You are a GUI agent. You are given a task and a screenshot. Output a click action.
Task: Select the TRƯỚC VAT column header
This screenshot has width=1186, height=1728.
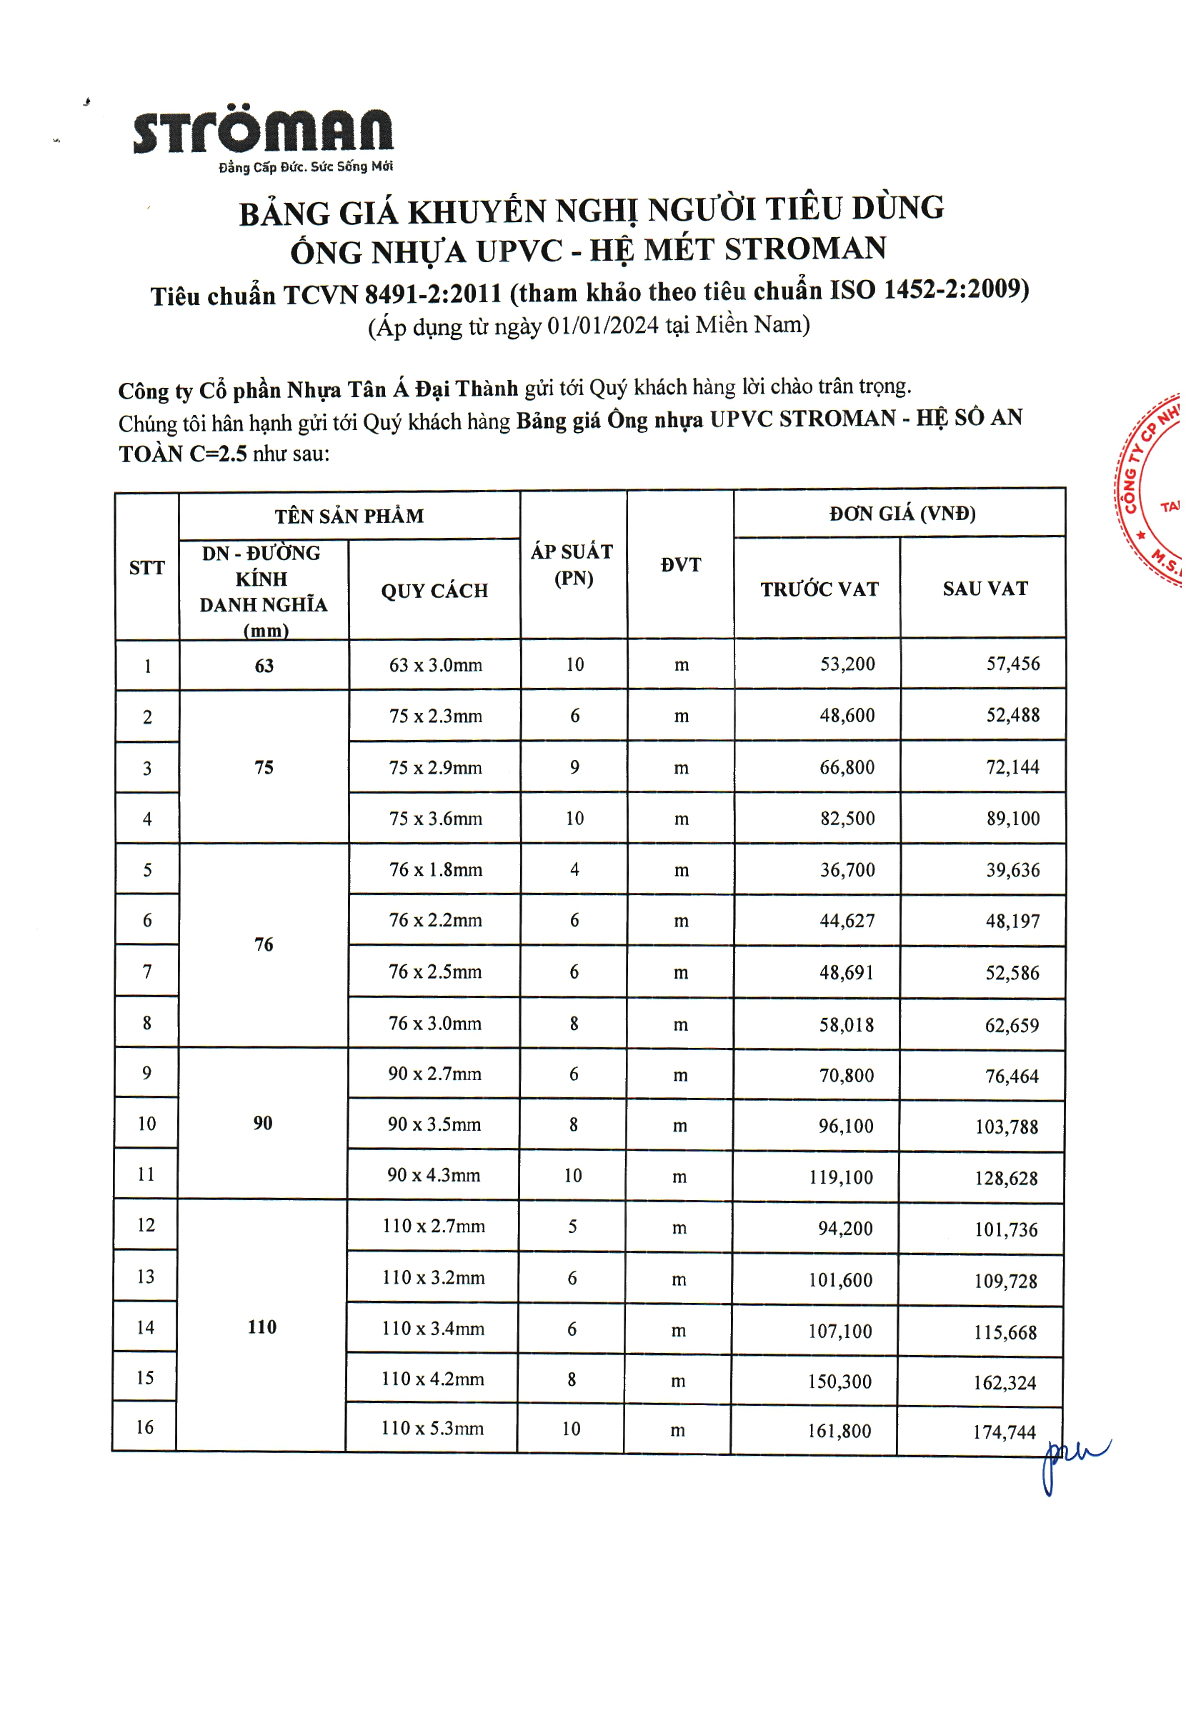(x=819, y=589)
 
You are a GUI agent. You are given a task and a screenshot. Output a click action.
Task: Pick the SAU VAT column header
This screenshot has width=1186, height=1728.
(x=985, y=589)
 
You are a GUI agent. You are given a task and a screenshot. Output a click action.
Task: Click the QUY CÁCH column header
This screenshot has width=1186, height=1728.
(x=434, y=591)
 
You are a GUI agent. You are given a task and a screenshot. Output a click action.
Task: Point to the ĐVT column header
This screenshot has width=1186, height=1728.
(x=680, y=565)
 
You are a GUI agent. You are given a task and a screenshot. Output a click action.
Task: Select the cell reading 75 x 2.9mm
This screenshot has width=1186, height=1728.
(x=435, y=767)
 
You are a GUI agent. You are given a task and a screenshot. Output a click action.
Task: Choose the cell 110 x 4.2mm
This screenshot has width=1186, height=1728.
(x=432, y=1379)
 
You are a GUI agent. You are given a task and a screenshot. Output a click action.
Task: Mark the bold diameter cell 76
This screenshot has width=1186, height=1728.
(x=263, y=945)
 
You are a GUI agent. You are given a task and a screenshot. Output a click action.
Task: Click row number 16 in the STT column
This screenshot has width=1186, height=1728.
(x=144, y=1427)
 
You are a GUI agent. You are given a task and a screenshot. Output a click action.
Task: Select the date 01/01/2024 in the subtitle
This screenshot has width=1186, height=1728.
(x=602, y=326)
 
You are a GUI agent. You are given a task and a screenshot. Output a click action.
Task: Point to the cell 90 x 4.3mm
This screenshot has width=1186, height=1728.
(x=434, y=1176)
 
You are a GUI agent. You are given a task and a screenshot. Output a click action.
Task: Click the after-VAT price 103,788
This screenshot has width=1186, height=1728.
(x=1006, y=1127)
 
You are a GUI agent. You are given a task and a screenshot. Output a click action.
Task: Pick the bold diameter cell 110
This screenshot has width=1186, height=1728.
(x=261, y=1327)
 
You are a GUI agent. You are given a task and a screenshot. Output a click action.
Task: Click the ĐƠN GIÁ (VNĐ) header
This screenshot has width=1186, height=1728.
(x=901, y=514)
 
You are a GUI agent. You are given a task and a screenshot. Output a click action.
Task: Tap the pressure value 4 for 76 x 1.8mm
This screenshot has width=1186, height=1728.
(x=574, y=869)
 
